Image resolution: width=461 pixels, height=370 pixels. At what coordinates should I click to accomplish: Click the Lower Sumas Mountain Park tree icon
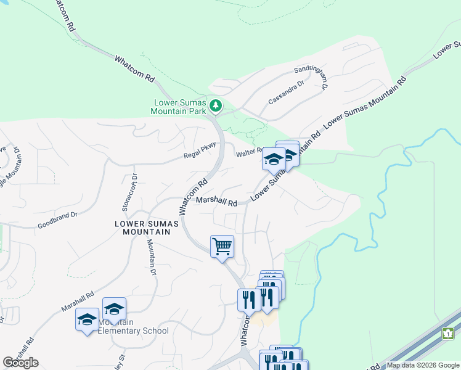pyautogui.click(x=216, y=107)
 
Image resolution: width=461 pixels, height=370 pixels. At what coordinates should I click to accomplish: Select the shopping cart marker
pyautogui.click(x=222, y=247)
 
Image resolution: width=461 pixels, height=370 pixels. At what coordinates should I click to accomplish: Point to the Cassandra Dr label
pyautogui.click(x=286, y=92)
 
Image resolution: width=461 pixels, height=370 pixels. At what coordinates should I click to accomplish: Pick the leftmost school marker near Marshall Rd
pyautogui.click(x=87, y=319)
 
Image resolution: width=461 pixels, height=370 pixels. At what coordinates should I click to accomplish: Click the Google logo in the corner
pyautogui.click(x=20, y=363)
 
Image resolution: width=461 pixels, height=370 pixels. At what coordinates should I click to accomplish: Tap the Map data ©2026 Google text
pyautogui.click(x=423, y=365)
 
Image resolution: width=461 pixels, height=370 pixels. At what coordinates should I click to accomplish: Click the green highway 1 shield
pyautogui.click(x=448, y=333)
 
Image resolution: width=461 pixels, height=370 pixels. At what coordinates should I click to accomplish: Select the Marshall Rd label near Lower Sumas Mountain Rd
pyautogui.click(x=217, y=202)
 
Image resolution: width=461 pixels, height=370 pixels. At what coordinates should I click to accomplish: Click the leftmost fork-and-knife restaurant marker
pyautogui.click(x=247, y=300)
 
